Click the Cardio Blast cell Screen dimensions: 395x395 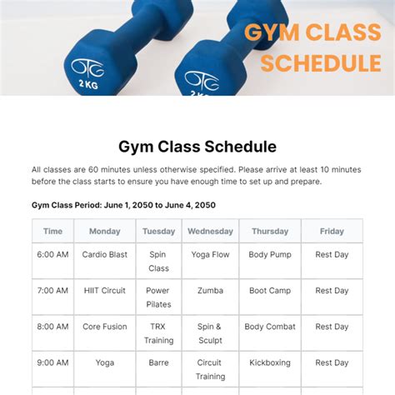click(x=104, y=254)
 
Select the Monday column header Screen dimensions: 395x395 click(x=104, y=231)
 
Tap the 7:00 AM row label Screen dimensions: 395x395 click(x=52, y=291)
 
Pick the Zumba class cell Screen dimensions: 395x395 click(x=210, y=291)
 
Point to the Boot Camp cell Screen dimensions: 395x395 click(x=269, y=291)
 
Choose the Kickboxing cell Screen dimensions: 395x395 click(x=269, y=362)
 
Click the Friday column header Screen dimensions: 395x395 click(x=332, y=231)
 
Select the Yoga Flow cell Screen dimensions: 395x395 click(x=210, y=254)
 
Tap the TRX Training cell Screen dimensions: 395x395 click(x=158, y=333)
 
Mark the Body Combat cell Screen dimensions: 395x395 click(x=269, y=327)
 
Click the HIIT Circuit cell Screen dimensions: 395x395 click(x=104, y=291)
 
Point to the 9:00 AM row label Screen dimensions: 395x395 click(x=52, y=362)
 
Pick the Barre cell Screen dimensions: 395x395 click(x=158, y=362)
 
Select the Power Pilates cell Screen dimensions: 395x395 click(x=158, y=297)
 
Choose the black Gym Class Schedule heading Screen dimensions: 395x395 click(x=197, y=147)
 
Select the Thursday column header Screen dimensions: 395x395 click(x=269, y=231)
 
